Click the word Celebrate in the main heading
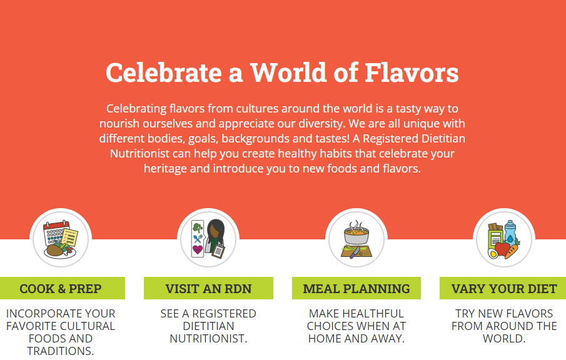pos(163,72)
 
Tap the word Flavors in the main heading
pos(412,72)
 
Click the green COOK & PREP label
pos(63,288)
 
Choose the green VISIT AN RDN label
pos(208,288)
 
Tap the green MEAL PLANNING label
pos(356,288)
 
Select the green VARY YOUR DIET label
pos(503,288)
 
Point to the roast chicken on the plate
pos(55,249)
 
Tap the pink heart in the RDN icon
pos(197,249)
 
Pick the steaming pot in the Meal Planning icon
pos(356,233)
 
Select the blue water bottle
pos(510,232)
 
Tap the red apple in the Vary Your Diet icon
pos(502,249)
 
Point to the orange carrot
pos(512,251)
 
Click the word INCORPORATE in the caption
pos(39,314)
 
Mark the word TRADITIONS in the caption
pos(60,351)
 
